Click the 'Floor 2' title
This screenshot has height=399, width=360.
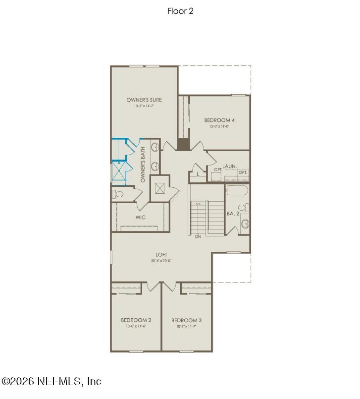(180, 11)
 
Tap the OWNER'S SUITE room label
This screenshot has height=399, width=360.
(144, 100)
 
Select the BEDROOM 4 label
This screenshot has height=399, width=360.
(219, 120)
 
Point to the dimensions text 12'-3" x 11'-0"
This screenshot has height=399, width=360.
(219, 126)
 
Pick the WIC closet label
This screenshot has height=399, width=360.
(140, 217)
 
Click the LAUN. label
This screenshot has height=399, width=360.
(229, 166)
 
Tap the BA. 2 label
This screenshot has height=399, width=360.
(233, 213)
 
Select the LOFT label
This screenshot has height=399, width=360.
(161, 255)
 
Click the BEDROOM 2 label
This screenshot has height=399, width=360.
(136, 320)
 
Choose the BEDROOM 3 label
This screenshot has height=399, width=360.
(186, 320)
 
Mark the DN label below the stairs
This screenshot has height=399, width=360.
(198, 236)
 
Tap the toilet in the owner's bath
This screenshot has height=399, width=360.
(115, 194)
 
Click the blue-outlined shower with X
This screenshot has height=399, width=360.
(118, 172)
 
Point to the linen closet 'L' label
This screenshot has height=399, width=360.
(198, 174)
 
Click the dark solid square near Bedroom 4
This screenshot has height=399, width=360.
(183, 144)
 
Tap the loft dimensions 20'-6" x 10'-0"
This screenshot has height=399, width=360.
(161, 261)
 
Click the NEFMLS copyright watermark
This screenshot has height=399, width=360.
(51, 381)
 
